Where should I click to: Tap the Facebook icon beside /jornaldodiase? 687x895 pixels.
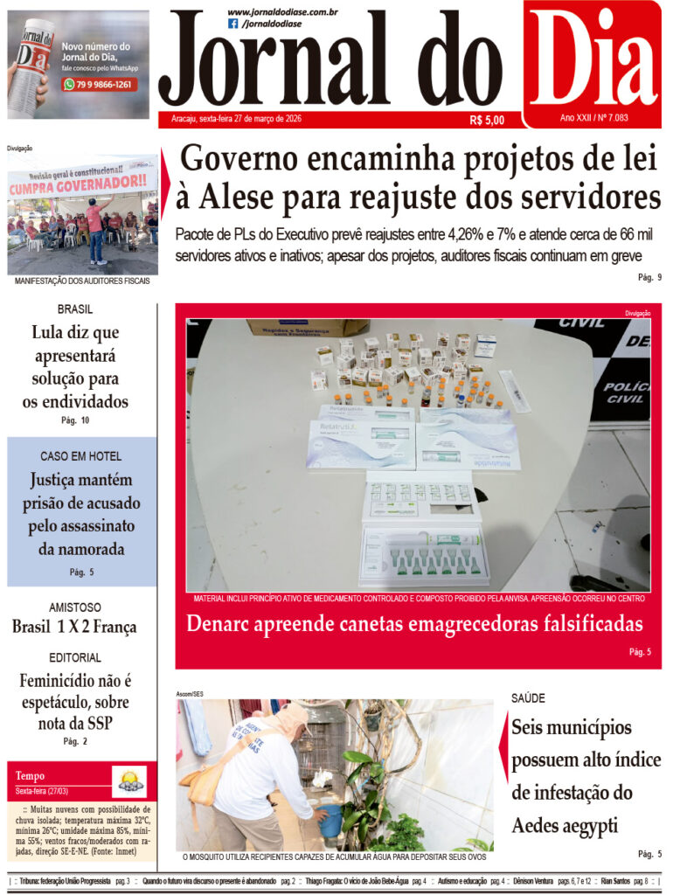click(232, 24)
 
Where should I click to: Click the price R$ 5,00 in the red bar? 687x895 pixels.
click(486, 121)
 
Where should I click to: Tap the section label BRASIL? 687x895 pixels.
click(75, 309)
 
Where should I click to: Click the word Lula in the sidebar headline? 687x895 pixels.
click(51, 333)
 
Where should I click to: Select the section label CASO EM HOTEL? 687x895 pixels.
click(80, 456)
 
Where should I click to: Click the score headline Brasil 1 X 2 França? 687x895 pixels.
click(74, 627)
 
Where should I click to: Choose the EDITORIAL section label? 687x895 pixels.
click(75, 657)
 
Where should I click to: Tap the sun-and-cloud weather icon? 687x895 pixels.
click(129, 780)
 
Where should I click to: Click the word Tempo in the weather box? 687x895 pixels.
click(30, 776)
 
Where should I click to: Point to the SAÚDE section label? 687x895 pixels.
click(528, 698)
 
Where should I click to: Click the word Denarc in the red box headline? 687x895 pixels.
click(223, 623)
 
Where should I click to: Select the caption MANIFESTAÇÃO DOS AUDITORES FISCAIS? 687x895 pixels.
click(82, 281)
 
